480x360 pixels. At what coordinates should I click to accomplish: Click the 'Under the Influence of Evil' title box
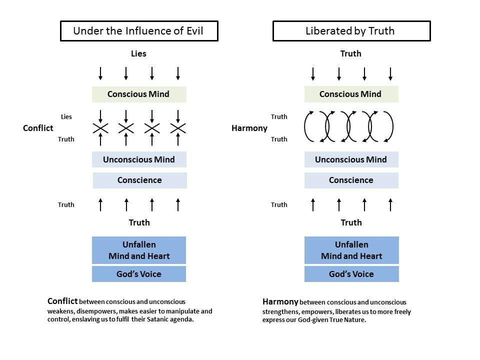coord(138,31)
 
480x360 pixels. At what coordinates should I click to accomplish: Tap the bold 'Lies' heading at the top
coord(138,53)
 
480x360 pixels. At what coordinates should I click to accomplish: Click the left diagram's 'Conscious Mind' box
coord(139,94)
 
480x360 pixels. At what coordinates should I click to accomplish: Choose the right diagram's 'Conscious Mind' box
coord(351,94)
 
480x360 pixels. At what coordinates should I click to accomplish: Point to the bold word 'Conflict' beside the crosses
coord(38,128)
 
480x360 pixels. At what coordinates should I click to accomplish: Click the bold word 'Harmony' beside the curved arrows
coord(249,128)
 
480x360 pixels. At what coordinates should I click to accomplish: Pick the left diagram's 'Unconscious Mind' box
coord(139,159)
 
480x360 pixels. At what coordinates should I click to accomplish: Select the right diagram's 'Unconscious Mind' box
coord(351,159)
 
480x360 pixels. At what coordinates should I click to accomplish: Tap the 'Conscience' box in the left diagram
coord(139,180)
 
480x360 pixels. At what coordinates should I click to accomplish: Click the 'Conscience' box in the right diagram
coord(351,180)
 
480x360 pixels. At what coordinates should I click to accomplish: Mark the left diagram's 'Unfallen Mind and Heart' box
coord(139,250)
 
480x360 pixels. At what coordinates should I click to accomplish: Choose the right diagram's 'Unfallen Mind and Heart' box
coord(351,250)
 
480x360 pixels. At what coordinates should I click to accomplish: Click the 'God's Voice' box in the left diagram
coord(139,274)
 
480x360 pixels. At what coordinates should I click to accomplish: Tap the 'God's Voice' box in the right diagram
coord(351,274)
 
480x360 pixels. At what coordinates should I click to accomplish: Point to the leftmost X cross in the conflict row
coord(100,128)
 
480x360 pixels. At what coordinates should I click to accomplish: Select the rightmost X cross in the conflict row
coord(178,128)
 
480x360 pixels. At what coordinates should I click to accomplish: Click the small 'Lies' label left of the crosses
coord(66,116)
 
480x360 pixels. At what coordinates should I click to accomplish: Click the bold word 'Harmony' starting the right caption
coord(280,302)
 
